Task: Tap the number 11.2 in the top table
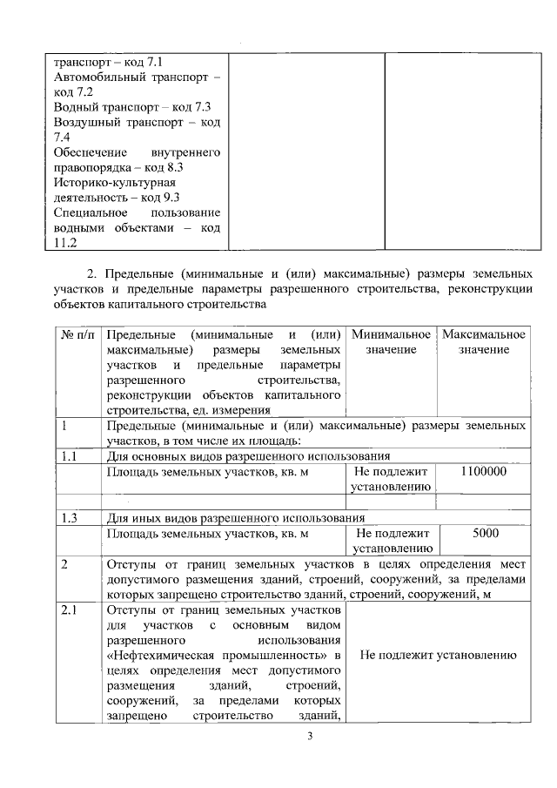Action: point(66,243)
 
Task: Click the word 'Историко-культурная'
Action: point(114,183)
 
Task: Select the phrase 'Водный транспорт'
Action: point(104,107)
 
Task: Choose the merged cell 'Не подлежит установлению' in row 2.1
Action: point(436,655)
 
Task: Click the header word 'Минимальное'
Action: point(391,334)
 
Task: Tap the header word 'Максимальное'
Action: point(484,334)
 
